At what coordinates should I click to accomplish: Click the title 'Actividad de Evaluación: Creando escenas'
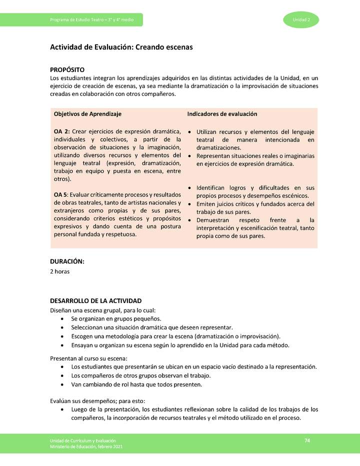tap(121, 47)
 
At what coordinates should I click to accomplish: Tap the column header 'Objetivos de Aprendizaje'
tap(87, 114)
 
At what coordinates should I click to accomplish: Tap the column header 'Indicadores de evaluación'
tap(222, 114)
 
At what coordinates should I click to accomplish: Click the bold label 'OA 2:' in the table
tap(61, 131)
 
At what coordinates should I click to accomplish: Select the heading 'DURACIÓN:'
tap(67, 261)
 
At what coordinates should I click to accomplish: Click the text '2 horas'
tap(59, 271)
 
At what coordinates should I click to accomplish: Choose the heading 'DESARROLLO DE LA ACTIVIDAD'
tap(95, 300)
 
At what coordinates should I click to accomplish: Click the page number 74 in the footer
tap(307, 440)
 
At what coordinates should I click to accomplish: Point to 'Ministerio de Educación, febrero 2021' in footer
tap(85, 446)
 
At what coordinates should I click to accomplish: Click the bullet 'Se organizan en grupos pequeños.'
tap(116, 318)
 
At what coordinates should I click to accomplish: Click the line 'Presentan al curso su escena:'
tap(88, 358)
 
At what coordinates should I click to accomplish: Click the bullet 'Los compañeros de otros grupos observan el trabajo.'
tap(141, 375)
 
